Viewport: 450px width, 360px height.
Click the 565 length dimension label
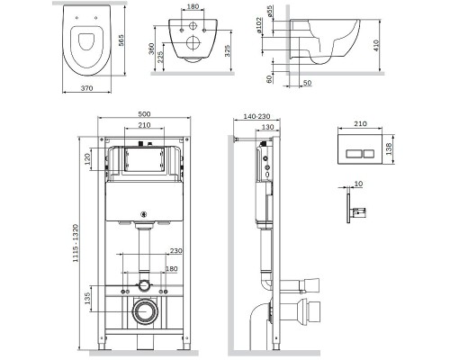(x=121, y=40)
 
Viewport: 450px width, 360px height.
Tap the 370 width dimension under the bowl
(x=87, y=88)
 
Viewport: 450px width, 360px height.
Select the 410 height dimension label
(x=376, y=46)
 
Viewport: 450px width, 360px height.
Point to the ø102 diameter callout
(x=259, y=25)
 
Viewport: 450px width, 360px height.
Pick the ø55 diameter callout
(x=270, y=11)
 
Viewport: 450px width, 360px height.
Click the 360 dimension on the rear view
(x=151, y=49)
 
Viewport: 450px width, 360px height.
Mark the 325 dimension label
(x=228, y=51)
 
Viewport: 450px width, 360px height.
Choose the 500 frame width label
(x=144, y=114)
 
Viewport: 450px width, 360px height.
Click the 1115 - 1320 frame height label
(x=76, y=243)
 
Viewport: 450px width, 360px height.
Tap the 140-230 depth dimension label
(x=256, y=116)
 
